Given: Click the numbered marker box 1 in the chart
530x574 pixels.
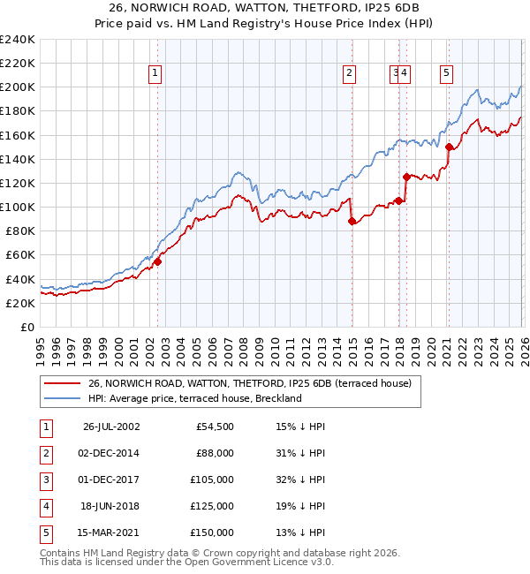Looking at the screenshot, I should [x=155, y=74].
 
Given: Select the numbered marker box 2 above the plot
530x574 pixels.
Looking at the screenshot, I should [x=350, y=74].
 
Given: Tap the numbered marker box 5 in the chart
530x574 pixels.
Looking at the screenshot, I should [x=447, y=74].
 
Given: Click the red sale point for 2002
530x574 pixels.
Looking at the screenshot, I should [x=158, y=261].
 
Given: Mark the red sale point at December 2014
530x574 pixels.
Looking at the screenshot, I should [x=352, y=222].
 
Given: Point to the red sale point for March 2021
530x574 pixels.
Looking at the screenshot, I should [x=449, y=147].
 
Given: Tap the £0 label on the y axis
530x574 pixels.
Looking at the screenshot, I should [x=26, y=327].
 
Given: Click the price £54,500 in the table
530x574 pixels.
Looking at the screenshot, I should [x=214, y=426].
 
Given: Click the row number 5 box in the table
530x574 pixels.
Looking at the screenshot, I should [x=44, y=532].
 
